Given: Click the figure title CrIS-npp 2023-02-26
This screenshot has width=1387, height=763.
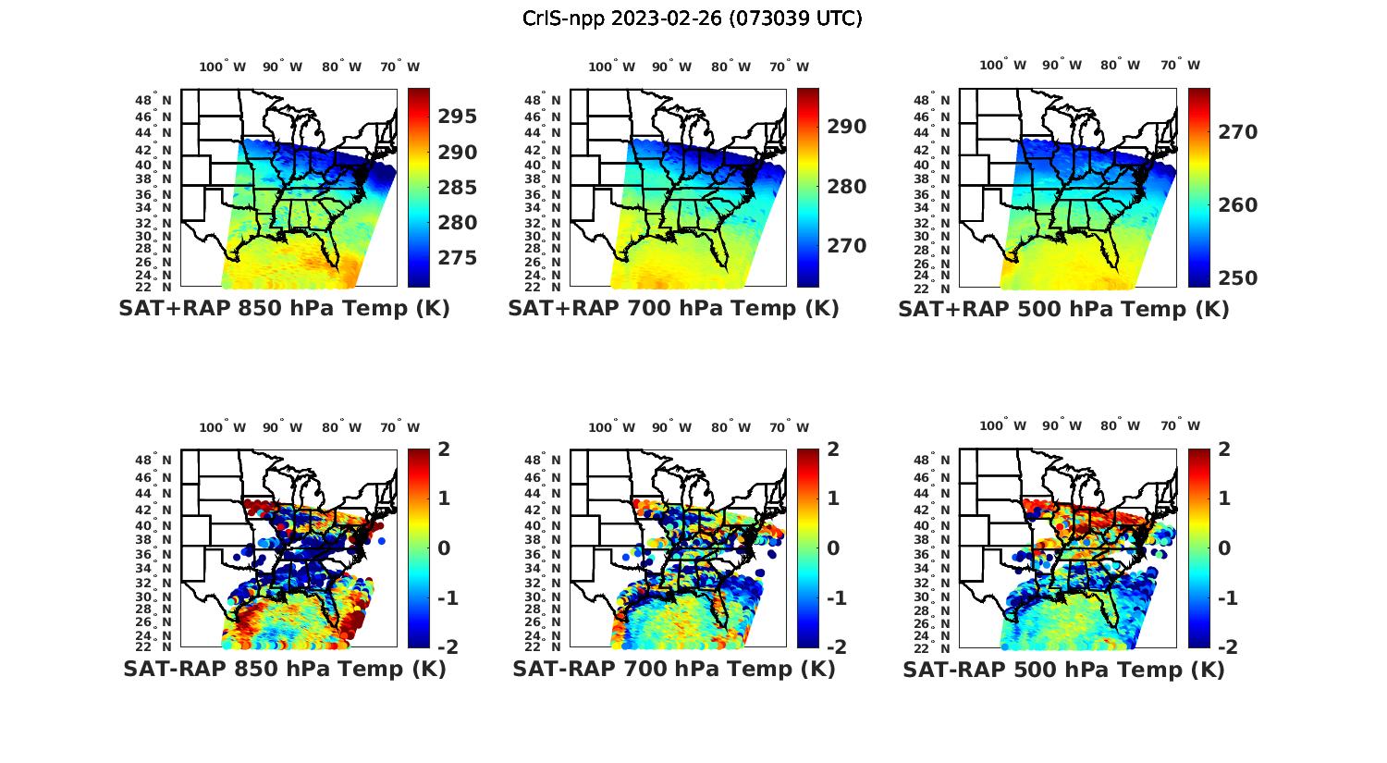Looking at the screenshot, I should (692, 18).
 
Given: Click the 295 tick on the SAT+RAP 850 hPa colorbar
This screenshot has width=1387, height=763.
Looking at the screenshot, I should (459, 117).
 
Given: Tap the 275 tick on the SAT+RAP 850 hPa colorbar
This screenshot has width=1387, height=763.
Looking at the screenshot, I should (459, 257).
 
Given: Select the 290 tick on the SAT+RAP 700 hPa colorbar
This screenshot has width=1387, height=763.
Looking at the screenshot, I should (847, 127).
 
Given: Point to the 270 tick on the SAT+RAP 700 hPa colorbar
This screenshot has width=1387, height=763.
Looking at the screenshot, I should (847, 246).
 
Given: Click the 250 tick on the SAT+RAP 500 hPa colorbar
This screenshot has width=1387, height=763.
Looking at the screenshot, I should (1238, 278).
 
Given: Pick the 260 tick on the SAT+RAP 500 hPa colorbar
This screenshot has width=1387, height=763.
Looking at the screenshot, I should (1238, 205).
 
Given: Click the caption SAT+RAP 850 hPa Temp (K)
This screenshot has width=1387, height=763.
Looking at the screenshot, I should (284, 309).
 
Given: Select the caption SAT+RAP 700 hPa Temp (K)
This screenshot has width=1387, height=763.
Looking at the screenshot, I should (673, 309).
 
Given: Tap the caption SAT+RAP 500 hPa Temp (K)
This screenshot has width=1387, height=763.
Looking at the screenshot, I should (1063, 310).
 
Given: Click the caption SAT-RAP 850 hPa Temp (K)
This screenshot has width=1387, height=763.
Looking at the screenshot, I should (284, 670).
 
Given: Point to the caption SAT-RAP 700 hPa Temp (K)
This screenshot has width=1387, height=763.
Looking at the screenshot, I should (673, 670).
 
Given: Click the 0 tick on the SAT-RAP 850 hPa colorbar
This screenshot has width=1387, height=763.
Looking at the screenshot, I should (443, 548).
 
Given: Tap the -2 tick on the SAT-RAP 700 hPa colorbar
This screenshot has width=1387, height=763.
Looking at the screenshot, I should (835, 646).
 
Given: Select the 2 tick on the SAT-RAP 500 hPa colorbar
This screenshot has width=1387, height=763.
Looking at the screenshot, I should (1226, 449).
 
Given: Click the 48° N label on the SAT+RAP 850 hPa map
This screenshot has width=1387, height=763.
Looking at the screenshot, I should (153, 100).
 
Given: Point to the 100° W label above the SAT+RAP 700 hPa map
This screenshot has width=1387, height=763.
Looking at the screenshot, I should (611, 67).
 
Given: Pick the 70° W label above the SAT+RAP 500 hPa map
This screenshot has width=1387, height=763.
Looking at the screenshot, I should (1180, 65).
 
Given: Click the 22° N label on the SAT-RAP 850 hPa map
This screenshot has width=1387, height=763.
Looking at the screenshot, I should (153, 646).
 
